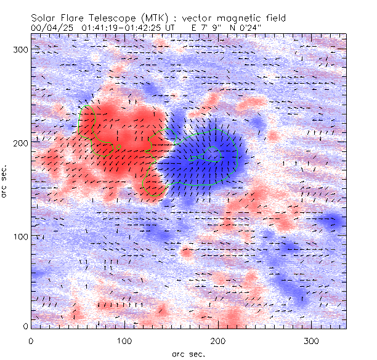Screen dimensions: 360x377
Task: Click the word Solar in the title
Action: pos(44,18)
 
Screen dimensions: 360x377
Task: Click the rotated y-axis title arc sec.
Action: pos(8,181)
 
